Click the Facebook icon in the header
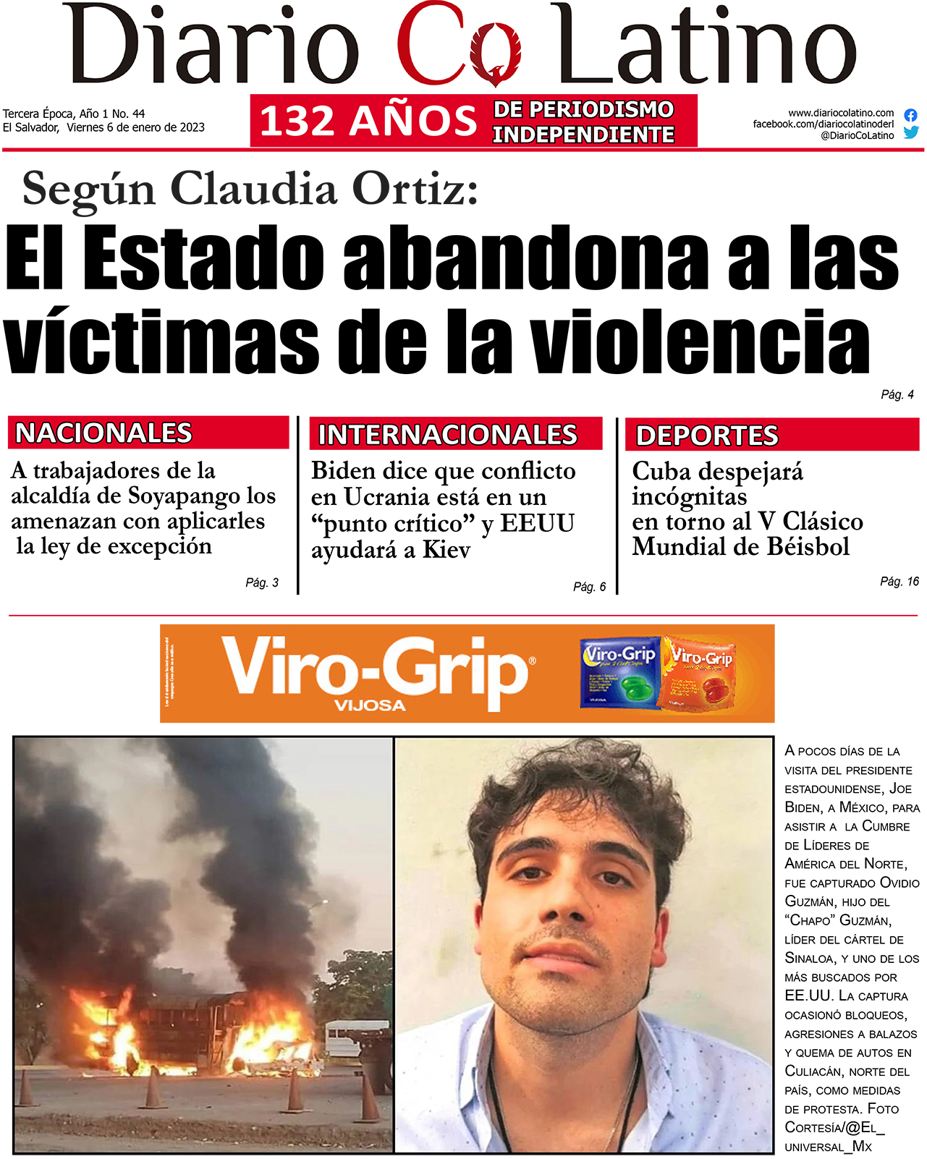910,115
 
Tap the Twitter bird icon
910,132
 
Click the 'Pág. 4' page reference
897,394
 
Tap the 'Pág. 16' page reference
899,581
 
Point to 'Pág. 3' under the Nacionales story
261,582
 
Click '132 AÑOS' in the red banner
368,121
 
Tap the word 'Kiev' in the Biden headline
446,550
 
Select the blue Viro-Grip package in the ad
621,672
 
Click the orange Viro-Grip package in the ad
699,672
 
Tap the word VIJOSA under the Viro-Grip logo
370,705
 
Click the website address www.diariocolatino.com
841,113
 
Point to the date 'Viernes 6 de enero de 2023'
136,127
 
